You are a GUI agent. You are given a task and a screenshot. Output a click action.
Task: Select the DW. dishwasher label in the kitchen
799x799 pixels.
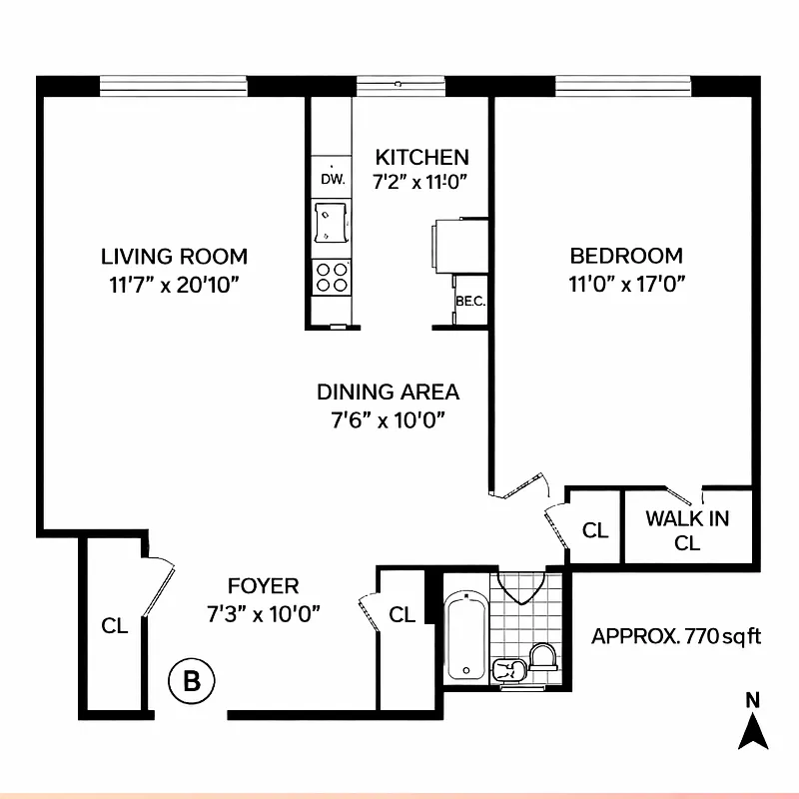(x=333, y=180)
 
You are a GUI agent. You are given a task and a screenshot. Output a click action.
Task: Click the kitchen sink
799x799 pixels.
(x=331, y=222)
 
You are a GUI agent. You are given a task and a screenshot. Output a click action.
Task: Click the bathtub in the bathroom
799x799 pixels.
(x=465, y=636)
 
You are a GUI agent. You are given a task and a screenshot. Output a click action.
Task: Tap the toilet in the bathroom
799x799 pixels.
(x=542, y=660)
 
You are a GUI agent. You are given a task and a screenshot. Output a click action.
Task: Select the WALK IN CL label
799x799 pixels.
(x=687, y=530)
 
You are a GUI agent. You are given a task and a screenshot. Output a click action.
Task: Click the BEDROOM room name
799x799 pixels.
(x=626, y=256)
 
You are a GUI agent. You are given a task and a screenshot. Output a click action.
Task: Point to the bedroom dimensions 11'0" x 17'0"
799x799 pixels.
(x=626, y=284)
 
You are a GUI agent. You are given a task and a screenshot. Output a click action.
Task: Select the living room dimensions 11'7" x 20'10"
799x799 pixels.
(x=175, y=284)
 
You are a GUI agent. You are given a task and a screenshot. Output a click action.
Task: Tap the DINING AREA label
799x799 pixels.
(x=389, y=392)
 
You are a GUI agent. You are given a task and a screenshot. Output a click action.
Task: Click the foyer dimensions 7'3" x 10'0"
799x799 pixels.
(x=263, y=613)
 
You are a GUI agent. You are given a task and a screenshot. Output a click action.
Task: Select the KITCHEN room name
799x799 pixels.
(x=421, y=157)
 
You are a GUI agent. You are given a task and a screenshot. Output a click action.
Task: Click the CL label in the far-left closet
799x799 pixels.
(x=114, y=626)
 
